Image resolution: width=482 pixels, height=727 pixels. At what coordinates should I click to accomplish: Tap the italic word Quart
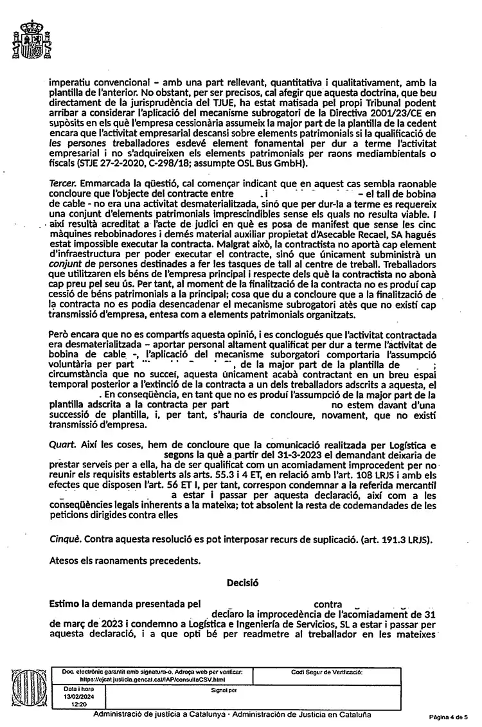62,444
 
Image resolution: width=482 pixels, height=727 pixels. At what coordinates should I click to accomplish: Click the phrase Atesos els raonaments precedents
125,560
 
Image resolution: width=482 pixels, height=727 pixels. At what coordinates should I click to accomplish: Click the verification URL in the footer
152,678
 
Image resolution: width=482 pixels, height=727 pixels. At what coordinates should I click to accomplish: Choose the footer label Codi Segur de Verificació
327,672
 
